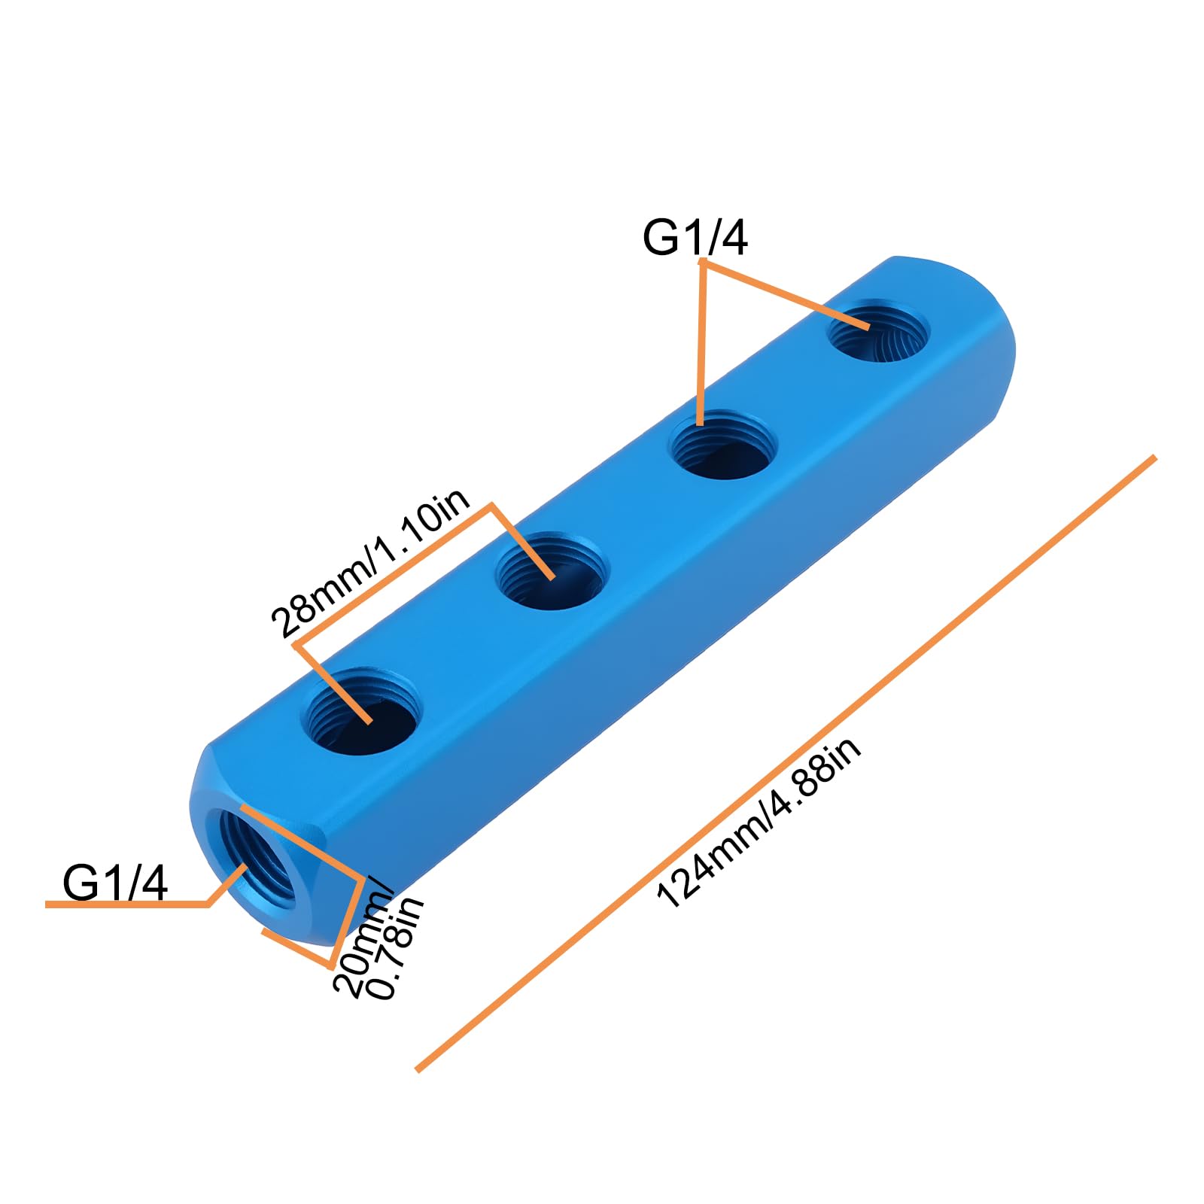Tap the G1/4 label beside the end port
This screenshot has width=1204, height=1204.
(x=115, y=882)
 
